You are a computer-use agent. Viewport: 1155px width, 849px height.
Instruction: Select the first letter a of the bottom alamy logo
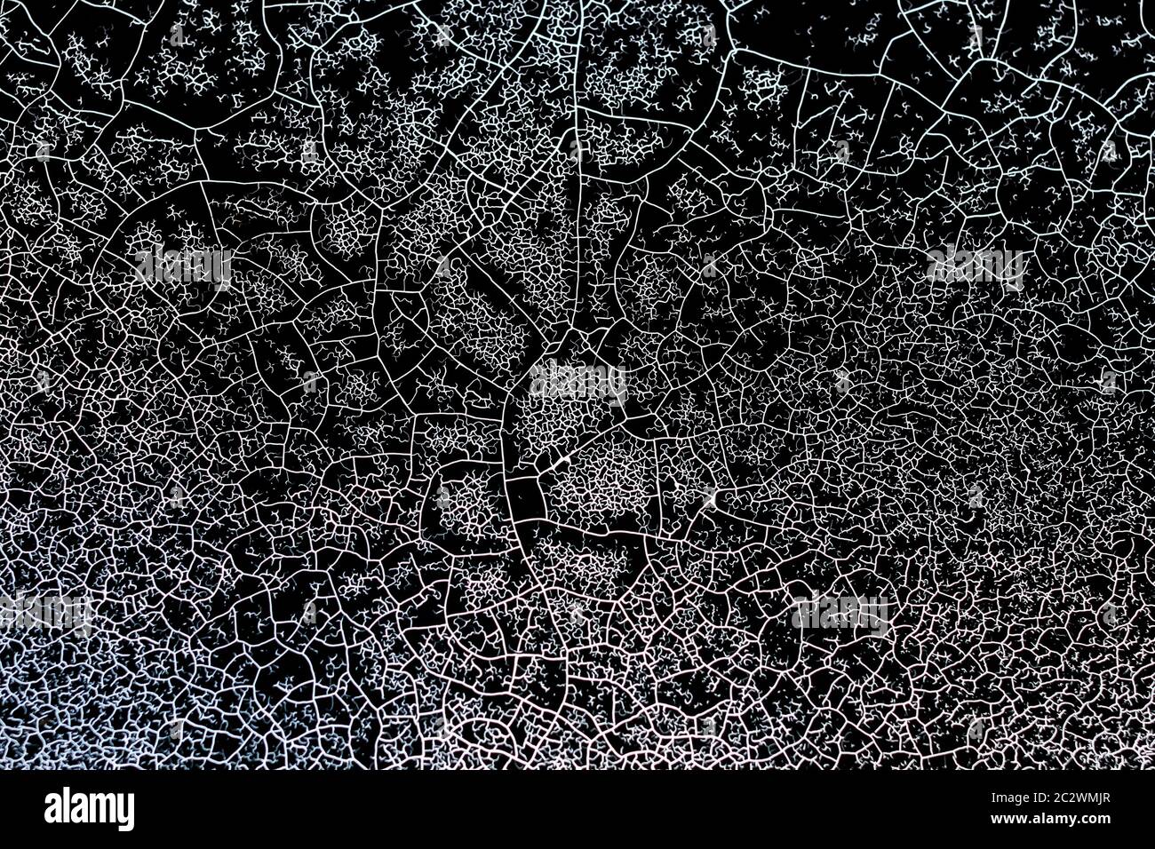point(52,811)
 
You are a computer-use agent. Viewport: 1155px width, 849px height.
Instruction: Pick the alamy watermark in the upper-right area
point(975,264)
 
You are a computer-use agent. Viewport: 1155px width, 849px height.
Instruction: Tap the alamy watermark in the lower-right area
point(840,612)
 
